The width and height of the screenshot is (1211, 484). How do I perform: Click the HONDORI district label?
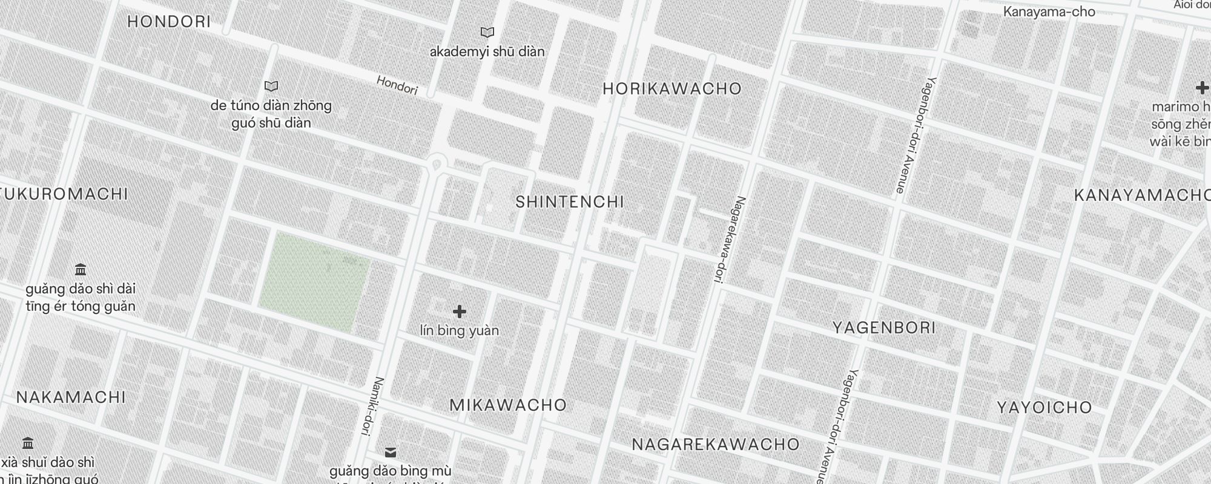[x=169, y=22]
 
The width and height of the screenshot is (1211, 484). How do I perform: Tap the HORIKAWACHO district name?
[x=672, y=89]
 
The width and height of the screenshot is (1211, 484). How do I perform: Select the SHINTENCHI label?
[x=569, y=202]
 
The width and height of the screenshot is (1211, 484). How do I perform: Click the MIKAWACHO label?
[x=508, y=405]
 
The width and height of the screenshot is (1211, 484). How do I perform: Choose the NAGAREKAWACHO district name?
[x=716, y=445]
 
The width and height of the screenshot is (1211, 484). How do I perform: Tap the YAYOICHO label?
[x=1044, y=408]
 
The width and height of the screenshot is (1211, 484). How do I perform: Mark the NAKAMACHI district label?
[x=71, y=397]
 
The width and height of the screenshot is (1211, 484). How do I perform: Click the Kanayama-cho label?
[x=1049, y=11]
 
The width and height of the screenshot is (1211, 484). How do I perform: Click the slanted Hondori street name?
[x=397, y=85]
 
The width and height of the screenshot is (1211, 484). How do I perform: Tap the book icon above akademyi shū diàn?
[x=487, y=32]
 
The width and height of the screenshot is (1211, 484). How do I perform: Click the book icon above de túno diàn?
[x=271, y=87]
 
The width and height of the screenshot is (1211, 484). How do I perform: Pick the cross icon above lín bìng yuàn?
[x=460, y=312]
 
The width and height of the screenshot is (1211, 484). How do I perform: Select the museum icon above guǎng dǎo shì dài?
[x=80, y=269]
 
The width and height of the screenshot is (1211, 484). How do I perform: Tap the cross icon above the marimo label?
[x=1202, y=88]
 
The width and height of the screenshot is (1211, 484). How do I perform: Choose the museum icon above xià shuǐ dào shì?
[x=27, y=443]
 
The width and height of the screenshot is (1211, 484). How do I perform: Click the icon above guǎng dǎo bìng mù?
[x=391, y=452]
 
